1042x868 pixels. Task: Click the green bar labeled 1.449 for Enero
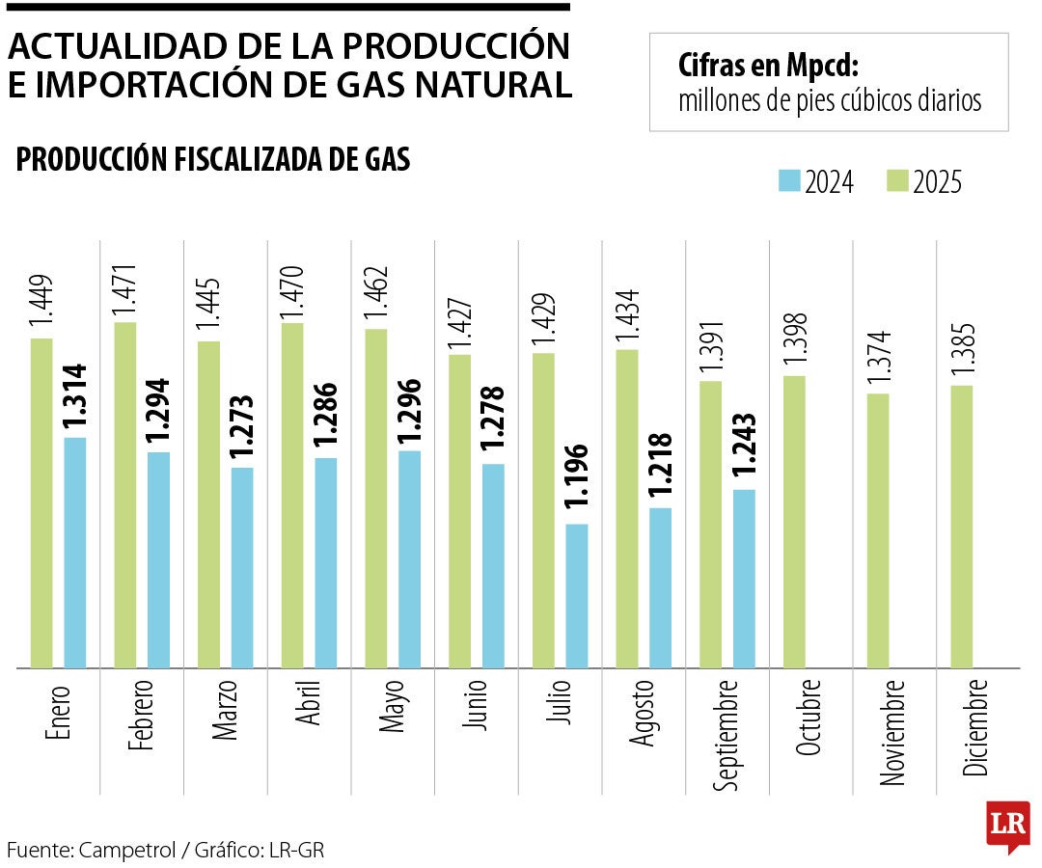(x=41, y=502)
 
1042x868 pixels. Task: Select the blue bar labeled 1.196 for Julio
(x=577, y=595)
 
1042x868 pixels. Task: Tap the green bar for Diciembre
(x=962, y=527)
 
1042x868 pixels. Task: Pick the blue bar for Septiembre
(x=744, y=579)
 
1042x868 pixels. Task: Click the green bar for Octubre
(x=794, y=522)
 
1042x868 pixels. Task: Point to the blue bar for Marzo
(x=242, y=567)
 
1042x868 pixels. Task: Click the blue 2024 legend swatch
(x=789, y=180)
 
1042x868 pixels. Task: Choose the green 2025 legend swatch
(x=897, y=180)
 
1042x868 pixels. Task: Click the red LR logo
(x=1007, y=826)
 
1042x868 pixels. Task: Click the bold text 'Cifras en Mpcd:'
(x=768, y=68)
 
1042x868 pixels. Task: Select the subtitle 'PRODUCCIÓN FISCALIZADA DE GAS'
(x=213, y=160)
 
